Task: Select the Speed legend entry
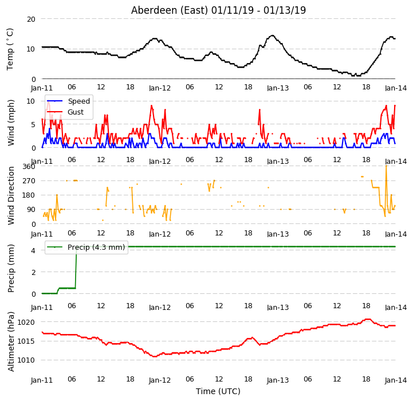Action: point(69,101)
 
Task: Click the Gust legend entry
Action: point(65,112)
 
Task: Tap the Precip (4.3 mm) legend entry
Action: point(85,247)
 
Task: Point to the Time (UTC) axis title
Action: point(218,391)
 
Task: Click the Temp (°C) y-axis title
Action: point(10,49)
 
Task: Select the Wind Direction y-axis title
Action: point(11,195)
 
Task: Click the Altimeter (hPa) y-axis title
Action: point(11,341)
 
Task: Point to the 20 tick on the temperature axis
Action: point(31,19)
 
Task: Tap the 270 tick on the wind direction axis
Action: point(29,181)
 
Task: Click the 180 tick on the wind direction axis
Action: point(29,195)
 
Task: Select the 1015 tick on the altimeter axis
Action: point(26,341)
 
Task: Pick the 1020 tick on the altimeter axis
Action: point(26,322)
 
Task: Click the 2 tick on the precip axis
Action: point(33,272)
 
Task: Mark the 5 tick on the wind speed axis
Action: point(33,125)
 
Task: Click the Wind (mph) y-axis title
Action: point(11,123)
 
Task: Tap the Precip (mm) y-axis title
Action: point(11,268)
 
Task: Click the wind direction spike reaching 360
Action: point(386,166)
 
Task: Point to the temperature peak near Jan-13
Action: point(272,36)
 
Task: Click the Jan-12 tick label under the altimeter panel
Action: point(160,380)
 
